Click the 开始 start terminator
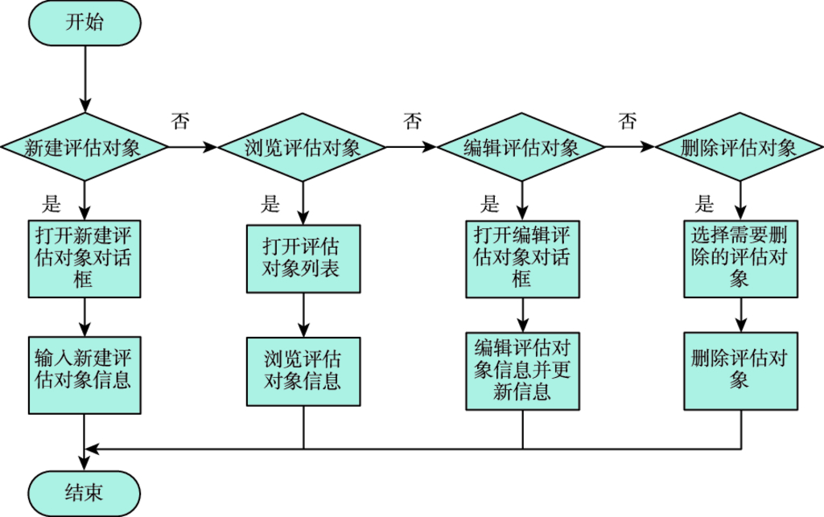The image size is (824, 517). point(84,23)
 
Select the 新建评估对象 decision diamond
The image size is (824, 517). point(84,147)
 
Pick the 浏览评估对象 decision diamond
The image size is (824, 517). point(303,147)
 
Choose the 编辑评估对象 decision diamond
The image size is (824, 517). point(521,147)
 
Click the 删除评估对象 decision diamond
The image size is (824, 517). point(739,147)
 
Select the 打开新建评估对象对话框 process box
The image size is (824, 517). point(84,258)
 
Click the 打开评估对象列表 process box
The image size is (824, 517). point(303,257)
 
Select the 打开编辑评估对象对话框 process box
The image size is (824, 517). point(521,258)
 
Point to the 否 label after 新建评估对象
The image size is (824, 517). point(181,121)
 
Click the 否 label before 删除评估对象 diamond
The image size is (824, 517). point(627,121)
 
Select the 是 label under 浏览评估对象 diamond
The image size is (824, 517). point(270,204)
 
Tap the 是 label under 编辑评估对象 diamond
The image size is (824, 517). point(489,204)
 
